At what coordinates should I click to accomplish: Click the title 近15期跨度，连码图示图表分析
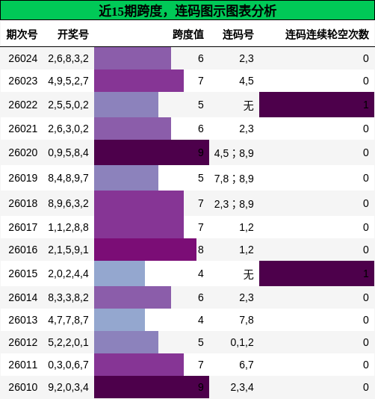pyautogui.click(x=187, y=10)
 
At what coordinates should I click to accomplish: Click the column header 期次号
pyautogui.click(x=22, y=34)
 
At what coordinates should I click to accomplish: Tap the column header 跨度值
pyautogui.click(x=187, y=34)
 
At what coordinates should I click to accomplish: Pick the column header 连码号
pyautogui.click(x=238, y=34)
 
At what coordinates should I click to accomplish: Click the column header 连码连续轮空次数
pyautogui.click(x=326, y=34)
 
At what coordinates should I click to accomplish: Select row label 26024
pyautogui.click(x=22, y=58)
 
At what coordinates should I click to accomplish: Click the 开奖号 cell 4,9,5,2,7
pyautogui.click(x=68, y=81)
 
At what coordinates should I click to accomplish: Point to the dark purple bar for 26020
pyautogui.click(x=151, y=152)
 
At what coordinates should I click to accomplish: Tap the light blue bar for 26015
pyautogui.click(x=120, y=273)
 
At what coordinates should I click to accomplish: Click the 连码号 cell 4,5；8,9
pyautogui.click(x=234, y=152)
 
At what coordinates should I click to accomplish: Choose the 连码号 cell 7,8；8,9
pyautogui.click(x=234, y=178)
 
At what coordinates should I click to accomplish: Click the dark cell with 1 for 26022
pyautogui.click(x=316, y=105)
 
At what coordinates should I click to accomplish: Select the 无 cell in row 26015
pyautogui.click(x=248, y=274)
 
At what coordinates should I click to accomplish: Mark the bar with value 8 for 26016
pyautogui.click(x=145, y=250)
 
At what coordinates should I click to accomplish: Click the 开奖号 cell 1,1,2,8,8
pyautogui.click(x=68, y=226)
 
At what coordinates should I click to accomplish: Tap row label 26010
pyautogui.click(x=22, y=387)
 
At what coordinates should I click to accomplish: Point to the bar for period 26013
pyautogui.click(x=120, y=320)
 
